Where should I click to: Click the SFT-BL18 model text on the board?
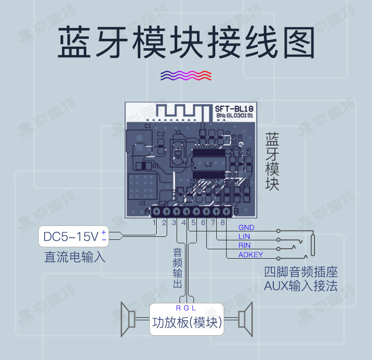pos(234,108)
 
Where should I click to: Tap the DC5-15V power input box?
pos(74,236)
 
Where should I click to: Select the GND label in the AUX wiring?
pos(246,228)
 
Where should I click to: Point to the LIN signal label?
pos(244,237)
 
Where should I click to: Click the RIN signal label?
pos(245,246)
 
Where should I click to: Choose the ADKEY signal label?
pos(250,255)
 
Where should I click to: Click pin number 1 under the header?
pos(154,222)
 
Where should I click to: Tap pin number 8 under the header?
pos(223,222)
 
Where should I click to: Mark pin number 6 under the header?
pos(203,222)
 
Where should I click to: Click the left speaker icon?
pos(128,318)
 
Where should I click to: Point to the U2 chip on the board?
pos(208,164)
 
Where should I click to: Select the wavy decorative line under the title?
pos(186,75)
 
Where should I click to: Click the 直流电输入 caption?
pos(75,258)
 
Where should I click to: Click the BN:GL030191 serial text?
pos(235,116)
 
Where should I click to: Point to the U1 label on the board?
pos(142,203)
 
